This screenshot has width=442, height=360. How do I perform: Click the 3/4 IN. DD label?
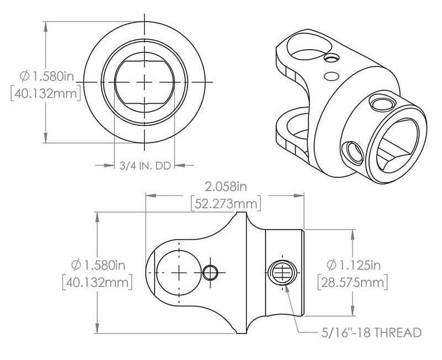144,165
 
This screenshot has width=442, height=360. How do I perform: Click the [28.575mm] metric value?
352,283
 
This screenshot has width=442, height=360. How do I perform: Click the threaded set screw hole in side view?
282,272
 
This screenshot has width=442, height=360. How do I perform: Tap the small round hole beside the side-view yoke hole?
211,272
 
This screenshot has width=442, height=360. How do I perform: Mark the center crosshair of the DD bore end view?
145,82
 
